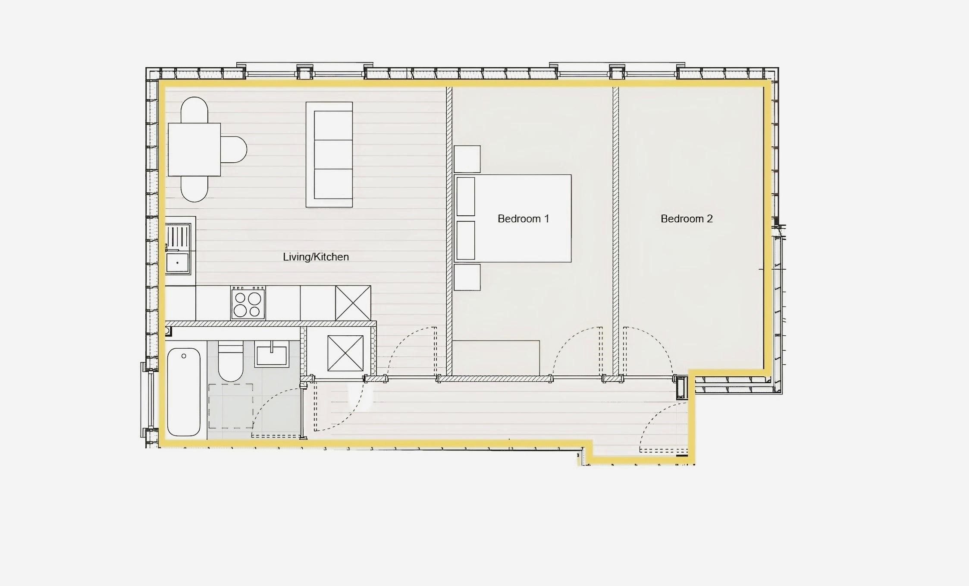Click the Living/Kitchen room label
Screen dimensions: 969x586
316,257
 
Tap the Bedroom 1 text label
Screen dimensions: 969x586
523,219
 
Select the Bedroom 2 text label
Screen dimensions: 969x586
687,219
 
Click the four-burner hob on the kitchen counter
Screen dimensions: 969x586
248,303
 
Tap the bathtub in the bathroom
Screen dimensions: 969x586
184,392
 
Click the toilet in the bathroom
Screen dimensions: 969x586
231,362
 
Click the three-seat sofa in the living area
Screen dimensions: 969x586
329,154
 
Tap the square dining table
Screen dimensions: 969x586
194,149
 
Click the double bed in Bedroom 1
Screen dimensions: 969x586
513,218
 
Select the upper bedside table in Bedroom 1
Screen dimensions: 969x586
467,159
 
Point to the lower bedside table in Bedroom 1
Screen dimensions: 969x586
467,277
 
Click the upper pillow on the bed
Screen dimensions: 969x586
466,196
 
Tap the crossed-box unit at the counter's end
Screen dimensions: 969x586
353,303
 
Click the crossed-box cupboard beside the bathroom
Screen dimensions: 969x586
345,353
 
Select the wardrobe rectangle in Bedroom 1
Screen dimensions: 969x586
496,358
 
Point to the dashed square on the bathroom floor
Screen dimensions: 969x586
230,406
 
